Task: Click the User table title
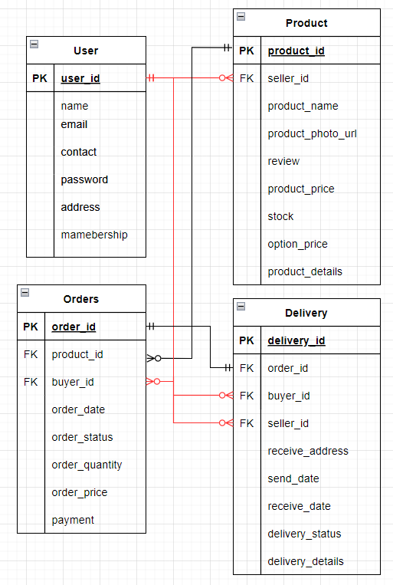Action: tap(86, 51)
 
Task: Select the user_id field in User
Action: tap(80, 78)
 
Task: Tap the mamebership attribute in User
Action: tap(94, 235)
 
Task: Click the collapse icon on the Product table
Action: tap(241, 16)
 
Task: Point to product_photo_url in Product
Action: tap(312, 133)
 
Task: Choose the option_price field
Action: tap(297, 244)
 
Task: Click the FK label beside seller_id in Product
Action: tap(247, 78)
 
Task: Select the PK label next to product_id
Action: tap(247, 51)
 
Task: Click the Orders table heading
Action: tap(81, 299)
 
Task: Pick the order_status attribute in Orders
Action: tap(82, 437)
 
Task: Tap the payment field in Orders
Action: tap(73, 520)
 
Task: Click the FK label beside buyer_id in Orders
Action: tap(31, 382)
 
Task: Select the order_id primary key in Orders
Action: tap(74, 327)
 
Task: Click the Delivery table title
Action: tap(306, 313)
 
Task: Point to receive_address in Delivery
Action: tap(308, 451)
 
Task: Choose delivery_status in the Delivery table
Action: tap(304, 534)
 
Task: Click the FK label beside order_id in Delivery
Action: tap(247, 368)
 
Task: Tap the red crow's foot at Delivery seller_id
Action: tap(224, 423)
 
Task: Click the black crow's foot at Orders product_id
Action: tap(154, 358)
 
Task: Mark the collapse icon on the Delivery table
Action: tap(241, 306)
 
